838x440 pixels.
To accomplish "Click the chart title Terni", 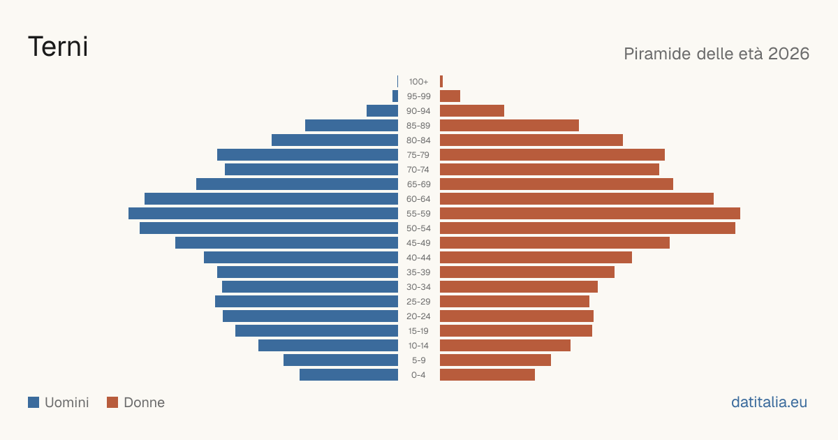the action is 58,47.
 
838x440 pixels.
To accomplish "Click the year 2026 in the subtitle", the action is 788,54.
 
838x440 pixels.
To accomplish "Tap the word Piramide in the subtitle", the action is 657,54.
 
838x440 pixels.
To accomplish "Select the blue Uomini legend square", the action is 34,402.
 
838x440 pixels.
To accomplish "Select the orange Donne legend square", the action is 112,402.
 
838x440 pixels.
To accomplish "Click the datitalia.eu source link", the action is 769,402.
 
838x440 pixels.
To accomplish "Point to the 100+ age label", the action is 418,82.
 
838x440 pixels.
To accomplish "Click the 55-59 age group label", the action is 418,214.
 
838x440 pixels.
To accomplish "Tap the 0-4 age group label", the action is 418,375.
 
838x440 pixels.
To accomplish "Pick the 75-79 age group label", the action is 418,155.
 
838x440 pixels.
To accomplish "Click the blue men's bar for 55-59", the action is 263,214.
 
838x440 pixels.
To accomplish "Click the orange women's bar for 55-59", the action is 590,214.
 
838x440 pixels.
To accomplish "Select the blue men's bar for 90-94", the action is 383,111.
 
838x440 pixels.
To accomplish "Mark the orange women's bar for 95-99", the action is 450,96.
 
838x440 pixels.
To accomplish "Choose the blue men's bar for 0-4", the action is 348,375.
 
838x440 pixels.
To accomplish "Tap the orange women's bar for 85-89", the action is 509,125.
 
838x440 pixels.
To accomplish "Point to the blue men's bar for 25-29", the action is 307,302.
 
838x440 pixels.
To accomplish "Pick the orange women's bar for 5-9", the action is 495,360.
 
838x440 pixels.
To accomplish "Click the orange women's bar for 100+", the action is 441,82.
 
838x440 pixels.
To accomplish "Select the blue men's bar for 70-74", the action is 311,170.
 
